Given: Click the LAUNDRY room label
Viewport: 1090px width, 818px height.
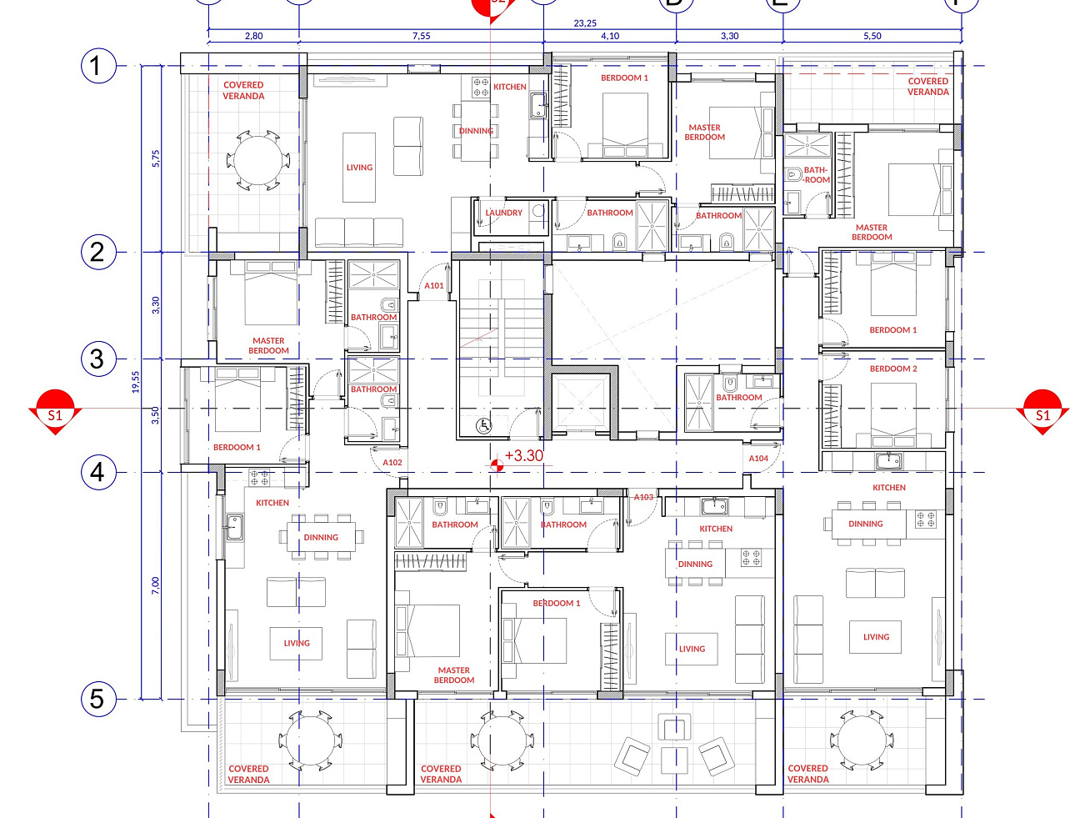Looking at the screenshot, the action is pos(503,213).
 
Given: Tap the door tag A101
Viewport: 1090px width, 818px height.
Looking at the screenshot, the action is pos(433,285).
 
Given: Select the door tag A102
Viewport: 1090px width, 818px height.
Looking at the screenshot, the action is pos(392,463).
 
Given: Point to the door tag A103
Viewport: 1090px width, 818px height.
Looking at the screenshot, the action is pos(643,497).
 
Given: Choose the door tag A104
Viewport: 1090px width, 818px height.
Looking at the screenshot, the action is pos(758,459).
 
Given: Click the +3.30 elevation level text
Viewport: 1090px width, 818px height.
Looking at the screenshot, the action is pos(523,455).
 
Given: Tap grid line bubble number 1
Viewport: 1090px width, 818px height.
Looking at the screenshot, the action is pos(98,66).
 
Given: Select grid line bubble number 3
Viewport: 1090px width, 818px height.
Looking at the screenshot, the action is pos(98,359).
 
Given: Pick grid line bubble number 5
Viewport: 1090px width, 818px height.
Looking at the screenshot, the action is pos(98,699).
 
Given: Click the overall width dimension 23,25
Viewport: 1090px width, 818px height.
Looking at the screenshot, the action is pos(585,23).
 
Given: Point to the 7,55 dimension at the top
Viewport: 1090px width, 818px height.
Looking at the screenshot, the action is pos(421,36).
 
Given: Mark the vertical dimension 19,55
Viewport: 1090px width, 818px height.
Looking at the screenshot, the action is pos(136,383).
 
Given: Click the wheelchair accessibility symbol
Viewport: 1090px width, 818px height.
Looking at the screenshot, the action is pos(483,425).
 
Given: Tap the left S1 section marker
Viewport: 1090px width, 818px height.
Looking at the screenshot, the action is pos(55,412).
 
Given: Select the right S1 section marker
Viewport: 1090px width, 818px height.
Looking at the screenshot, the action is pos(1042,412).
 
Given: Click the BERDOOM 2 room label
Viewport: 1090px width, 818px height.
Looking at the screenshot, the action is pos(892,369).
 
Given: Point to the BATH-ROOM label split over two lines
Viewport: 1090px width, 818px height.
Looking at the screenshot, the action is pos(816,175).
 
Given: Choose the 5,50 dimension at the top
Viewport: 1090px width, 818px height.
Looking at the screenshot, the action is pos(872,36).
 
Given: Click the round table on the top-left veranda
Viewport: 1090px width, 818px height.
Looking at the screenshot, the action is pos(258,160).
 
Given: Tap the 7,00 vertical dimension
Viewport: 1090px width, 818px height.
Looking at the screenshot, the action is pos(156,585).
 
